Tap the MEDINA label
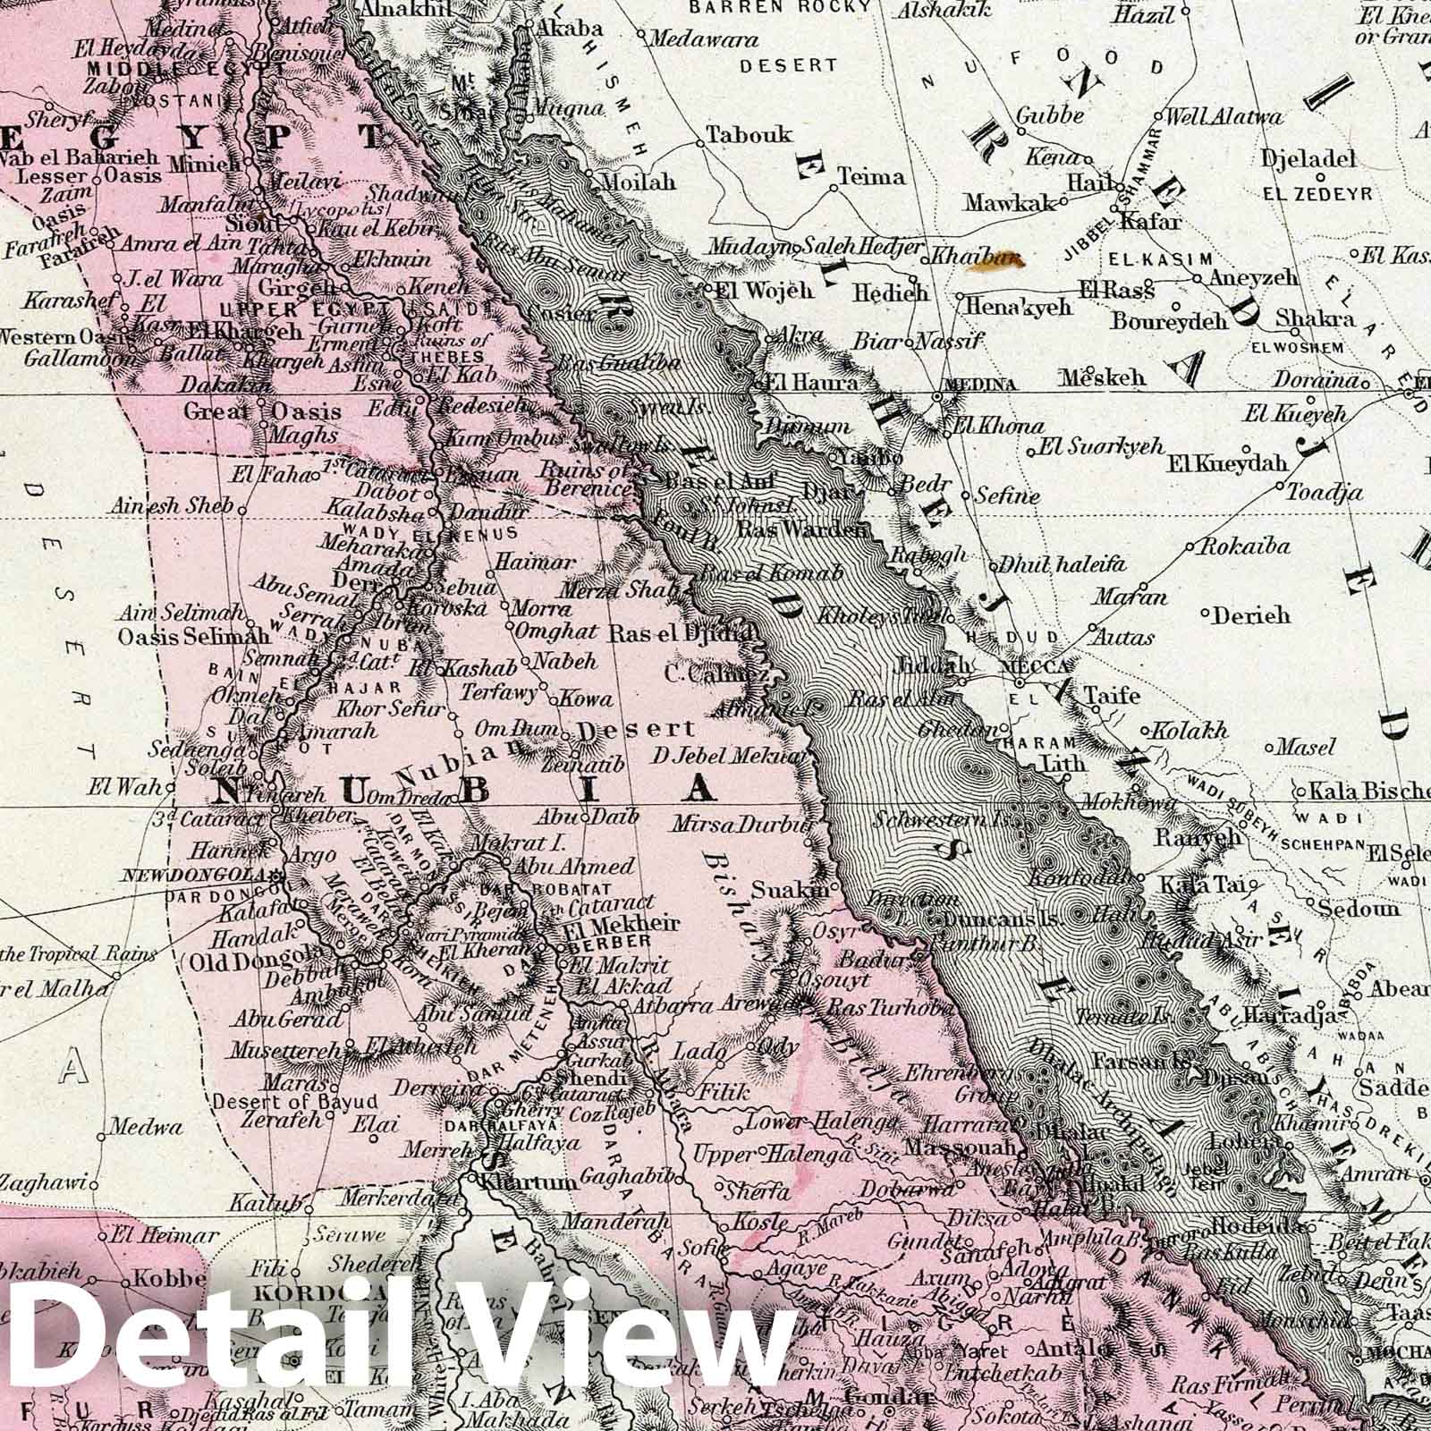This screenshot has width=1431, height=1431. click(986, 385)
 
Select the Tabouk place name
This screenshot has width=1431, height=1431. click(749, 135)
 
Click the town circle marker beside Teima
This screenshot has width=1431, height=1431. click(834, 189)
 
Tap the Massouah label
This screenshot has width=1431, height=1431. click(961, 1147)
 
